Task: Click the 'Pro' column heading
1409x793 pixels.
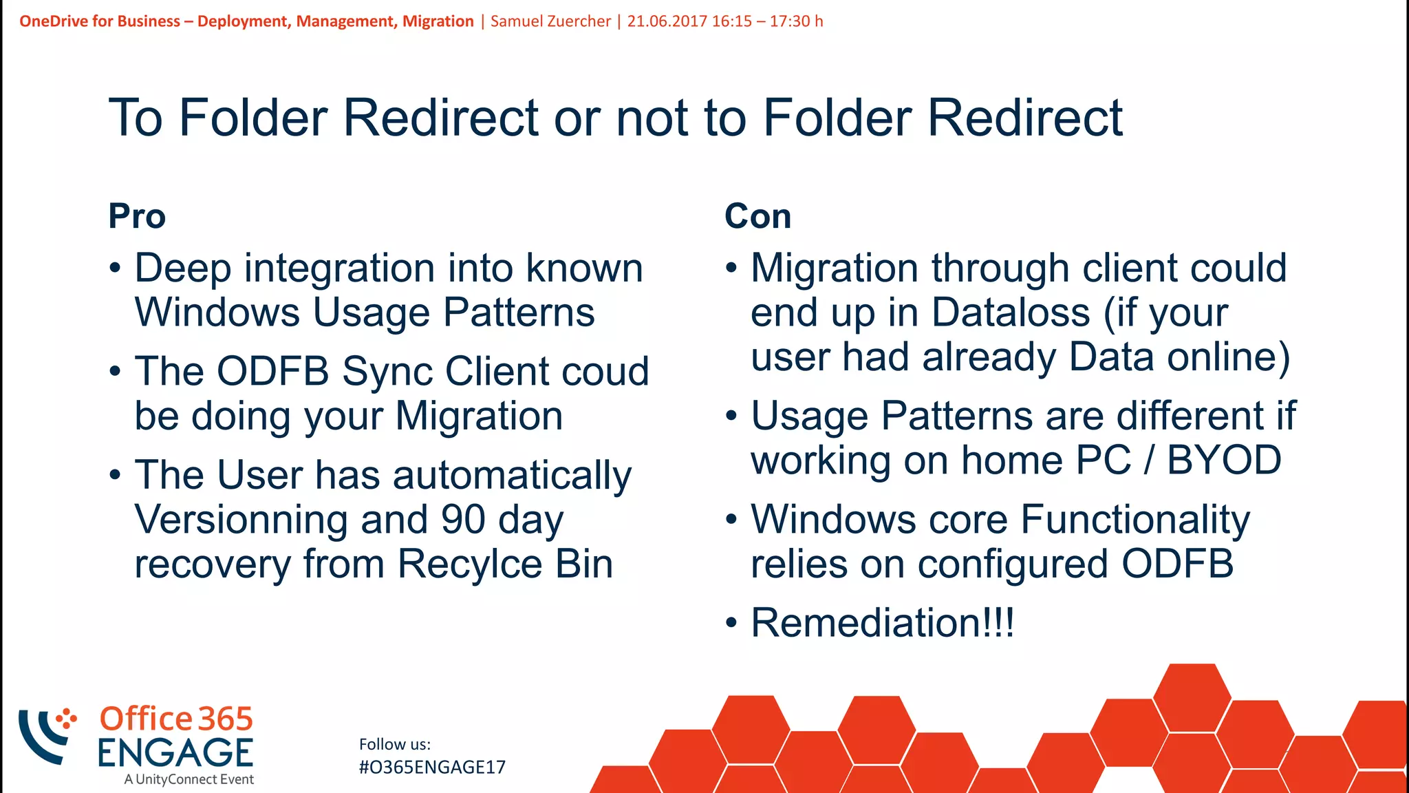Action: [x=137, y=217]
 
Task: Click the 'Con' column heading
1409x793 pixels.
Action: [x=757, y=217]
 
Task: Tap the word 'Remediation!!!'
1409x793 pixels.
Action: [x=882, y=623]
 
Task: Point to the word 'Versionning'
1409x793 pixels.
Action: [x=241, y=520]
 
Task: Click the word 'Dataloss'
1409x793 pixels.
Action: [x=1011, y=313]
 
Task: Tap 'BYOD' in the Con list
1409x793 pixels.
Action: [x=1225, y=461]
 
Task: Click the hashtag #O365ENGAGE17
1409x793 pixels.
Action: [x=432, y=768]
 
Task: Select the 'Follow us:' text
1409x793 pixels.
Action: [x=395, y=744]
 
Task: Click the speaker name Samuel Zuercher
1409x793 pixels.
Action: [x=550, y=21]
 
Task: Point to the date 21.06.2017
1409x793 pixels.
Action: [x=667, y=21]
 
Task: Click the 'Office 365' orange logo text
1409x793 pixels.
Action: [x=176, y=719]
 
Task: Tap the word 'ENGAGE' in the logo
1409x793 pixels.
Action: [x=175, y=753]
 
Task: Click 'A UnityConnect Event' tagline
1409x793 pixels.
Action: [x=189, y=780]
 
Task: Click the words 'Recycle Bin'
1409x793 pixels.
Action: [x=504, y=565]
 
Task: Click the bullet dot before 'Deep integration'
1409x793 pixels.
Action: [x=115, y=268]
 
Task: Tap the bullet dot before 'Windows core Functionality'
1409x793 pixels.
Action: [x=731, y=520]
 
